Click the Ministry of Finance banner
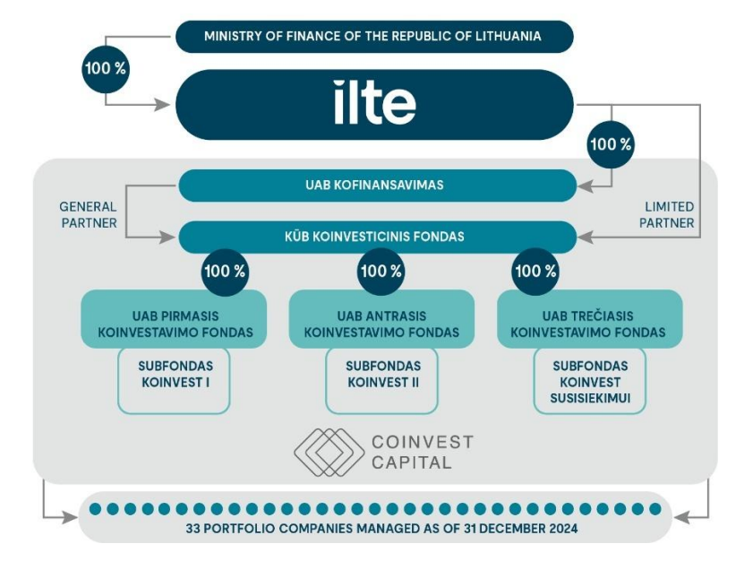[x=374, y=37]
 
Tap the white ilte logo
[x=374, y=102]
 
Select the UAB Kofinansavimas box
[x=378, y=186]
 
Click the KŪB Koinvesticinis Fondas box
[x=378, y=237]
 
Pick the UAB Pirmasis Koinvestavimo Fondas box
[x=174, y=319]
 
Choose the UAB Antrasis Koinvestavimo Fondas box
[x=381, y=319]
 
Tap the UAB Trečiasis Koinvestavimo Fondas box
[x=590, y=319]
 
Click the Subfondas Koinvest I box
[x=174, y=381]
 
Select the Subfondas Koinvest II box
[x=381, y=381]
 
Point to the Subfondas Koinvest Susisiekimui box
[x=590, y=381]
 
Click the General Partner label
[x=89, y=215]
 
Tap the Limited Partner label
[x=666, y=215]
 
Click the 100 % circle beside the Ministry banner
[x=106, y=69]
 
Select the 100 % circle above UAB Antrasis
[x=381, y=272]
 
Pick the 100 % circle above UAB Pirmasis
[x=225, y=272]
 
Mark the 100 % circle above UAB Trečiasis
[x=535, y=272]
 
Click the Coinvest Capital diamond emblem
[x=329, y=453]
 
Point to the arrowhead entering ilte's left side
[x=162, y=104]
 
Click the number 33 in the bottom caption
[x=193, y=529]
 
